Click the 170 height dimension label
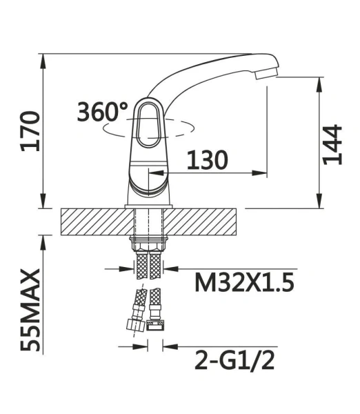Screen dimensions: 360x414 (x=30, y=132)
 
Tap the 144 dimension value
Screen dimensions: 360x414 (x=332, y=145)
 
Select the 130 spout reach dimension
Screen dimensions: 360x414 (x=207, y=160)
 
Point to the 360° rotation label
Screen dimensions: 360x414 (x=102, y=112)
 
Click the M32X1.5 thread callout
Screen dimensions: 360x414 (x=244, y=282)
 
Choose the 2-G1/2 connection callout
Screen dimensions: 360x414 (x=234, y=361)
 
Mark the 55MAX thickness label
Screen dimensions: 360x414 (x=30, y=310)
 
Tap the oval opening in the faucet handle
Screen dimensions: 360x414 (x=149, y=124)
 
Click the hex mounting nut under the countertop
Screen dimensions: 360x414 (x=148, y=244)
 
